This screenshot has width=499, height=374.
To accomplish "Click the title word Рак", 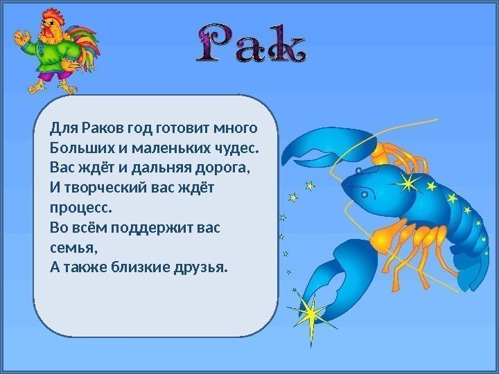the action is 252,43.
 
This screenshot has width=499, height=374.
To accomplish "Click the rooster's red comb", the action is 53,15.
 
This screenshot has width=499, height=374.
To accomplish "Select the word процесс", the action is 81,208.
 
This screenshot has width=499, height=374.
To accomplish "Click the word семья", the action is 73,247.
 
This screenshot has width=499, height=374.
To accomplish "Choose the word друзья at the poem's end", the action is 201,267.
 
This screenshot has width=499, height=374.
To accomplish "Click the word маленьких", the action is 171,148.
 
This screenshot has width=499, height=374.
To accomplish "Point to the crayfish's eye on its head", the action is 364,194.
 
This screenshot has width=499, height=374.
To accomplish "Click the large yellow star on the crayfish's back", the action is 408,183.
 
